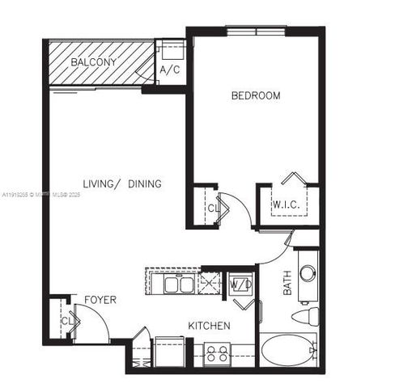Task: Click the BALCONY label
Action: tap(93, 62)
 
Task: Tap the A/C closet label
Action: tap(169, 70)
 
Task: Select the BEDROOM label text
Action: tap(256, 96)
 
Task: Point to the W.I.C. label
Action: tap(286, 205)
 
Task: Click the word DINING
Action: tap(145, 184)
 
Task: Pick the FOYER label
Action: tap(100, 300)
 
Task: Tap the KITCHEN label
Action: tap(210, 326)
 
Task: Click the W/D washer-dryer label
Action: tap(240, 285)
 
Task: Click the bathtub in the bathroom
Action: tap(287, 352)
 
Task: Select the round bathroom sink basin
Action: tap(308, 273)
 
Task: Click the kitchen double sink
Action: tap(178, 284)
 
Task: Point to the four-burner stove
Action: tap(216, 352)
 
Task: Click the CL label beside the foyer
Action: tap(64, 321)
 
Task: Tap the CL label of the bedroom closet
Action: tap(213, 208)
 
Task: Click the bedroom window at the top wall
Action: tap(255, 32)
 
